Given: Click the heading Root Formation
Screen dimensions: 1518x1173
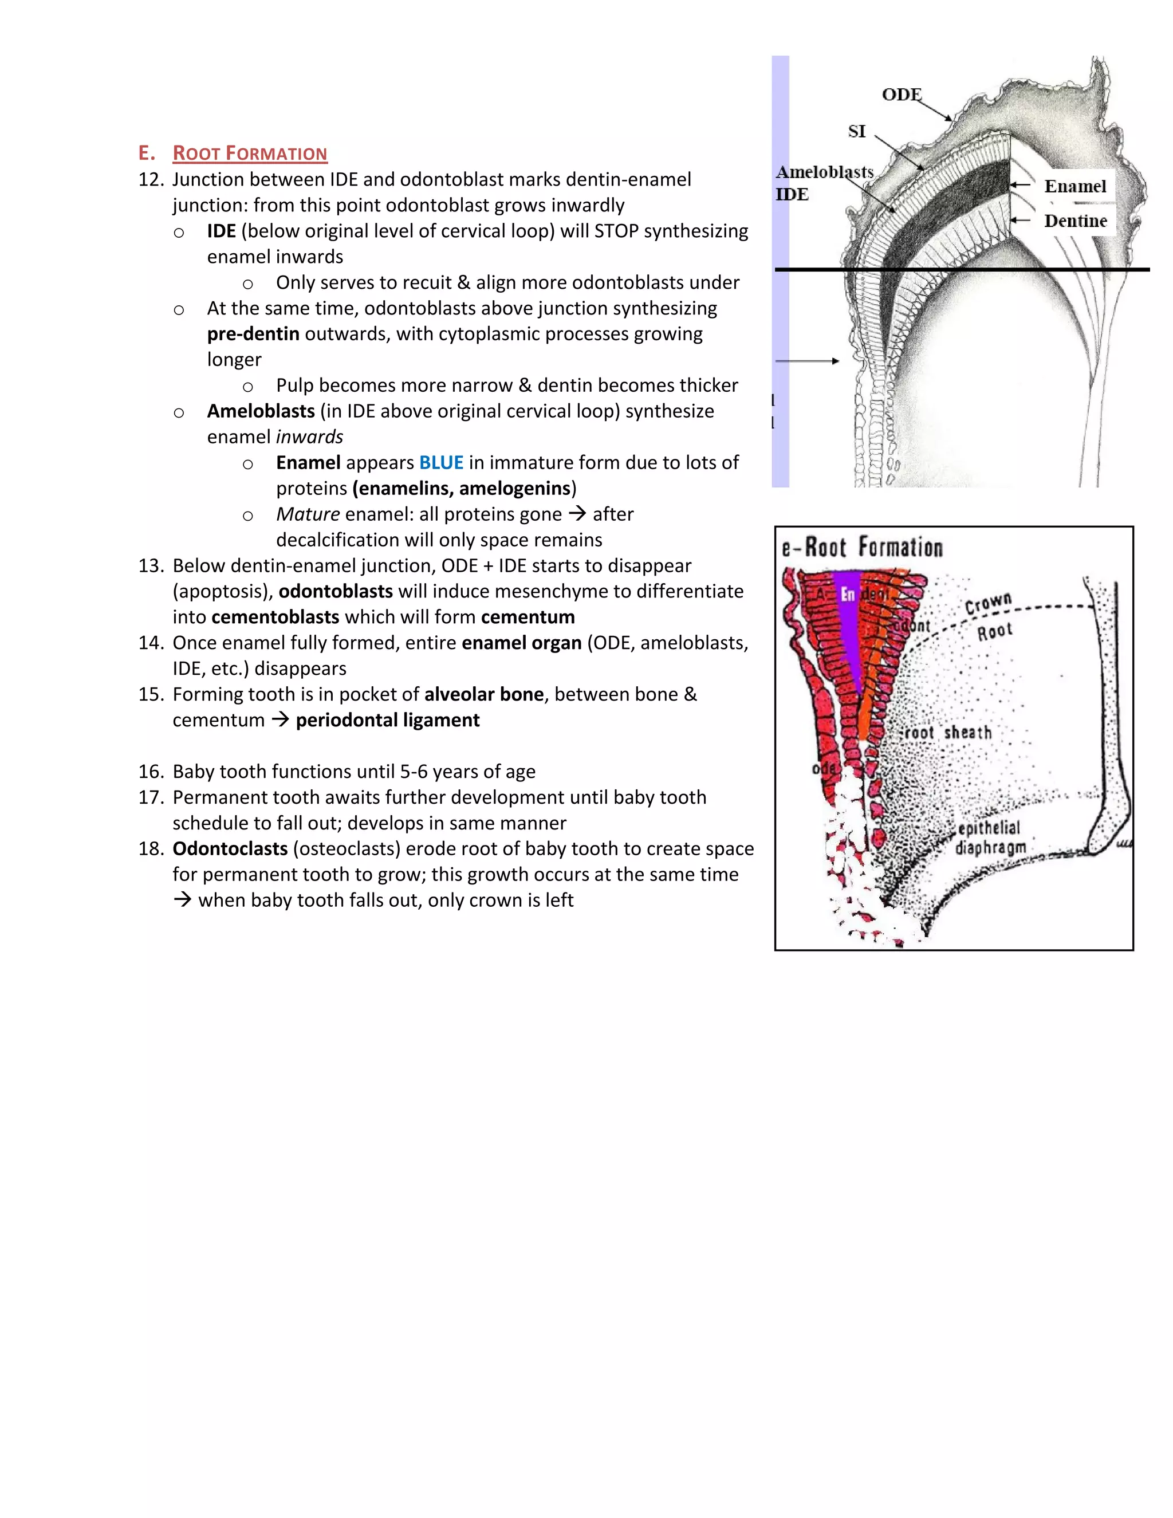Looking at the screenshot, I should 250,153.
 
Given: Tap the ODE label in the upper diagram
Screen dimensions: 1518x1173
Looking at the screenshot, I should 902,95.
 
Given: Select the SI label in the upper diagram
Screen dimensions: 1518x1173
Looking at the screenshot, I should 857,131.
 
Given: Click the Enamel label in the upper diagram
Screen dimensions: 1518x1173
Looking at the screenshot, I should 1075,186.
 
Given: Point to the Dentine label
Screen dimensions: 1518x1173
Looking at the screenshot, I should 1075,221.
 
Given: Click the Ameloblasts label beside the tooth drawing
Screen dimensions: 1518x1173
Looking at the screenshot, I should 824,172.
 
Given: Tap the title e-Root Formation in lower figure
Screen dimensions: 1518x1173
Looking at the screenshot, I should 861,548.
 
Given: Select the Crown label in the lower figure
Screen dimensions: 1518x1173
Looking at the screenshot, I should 987,603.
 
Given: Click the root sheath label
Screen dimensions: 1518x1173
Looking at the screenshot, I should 949,733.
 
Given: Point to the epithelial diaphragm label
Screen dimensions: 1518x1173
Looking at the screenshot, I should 990,837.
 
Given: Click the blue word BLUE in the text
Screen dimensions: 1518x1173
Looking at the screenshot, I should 440,463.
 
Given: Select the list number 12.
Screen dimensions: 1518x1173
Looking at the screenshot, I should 151,179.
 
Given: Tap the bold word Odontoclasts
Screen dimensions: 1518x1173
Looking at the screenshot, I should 230,849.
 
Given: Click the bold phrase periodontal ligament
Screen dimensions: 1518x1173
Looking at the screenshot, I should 387,720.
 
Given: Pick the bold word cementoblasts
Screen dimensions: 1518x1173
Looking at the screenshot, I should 275,617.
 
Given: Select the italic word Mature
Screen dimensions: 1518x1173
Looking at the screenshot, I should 307,514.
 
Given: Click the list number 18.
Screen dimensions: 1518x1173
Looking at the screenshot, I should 151,849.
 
